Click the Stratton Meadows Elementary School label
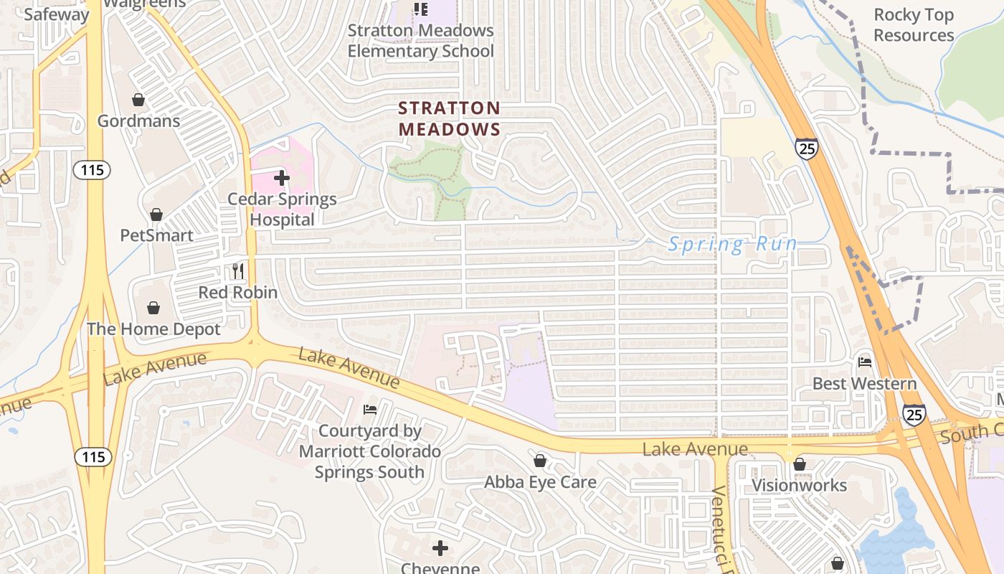[x=421, y=41]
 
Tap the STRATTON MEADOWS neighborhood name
[x=450, y=118]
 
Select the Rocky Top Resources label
[x=914, y=25]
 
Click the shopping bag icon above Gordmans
[x=138, y=100]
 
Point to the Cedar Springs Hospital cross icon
[x=282, y=178]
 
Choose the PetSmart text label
[x=156, y=235]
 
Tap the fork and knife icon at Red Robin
[x=238, y=271]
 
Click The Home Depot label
[x=153, y=329]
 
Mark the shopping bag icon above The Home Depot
[x=153, y=308]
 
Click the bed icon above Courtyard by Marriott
[x=370, y=410]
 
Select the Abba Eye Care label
[x=540, y=482]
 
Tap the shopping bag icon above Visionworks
[x=800, y=465]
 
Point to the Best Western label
[x=864, y=384]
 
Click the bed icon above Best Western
[x=865, y=362]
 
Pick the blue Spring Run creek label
[x=732, y=245]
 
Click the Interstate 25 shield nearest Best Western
[x=914, y=414]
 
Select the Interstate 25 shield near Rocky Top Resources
[x=807, y=149]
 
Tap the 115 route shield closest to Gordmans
[x=91, y=170]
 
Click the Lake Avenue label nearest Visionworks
[x=695, y=450]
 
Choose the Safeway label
[x=57, y=14]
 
